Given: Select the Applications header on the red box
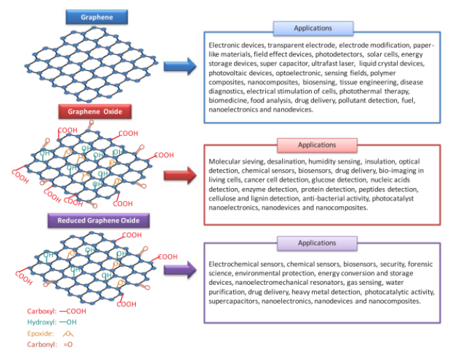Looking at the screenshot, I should [x=317, y=145].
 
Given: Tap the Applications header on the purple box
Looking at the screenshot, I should [x=317, y=243].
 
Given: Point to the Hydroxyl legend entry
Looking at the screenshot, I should [x=47, y=322].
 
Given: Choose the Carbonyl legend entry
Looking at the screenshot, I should [x=48, y=345].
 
